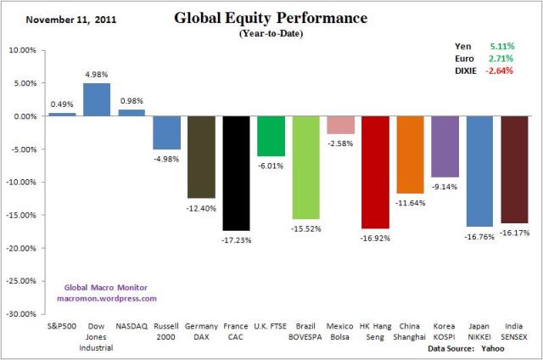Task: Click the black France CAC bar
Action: click(236, 173)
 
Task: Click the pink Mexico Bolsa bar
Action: click(340, 125)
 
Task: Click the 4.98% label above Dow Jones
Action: click(97, 74)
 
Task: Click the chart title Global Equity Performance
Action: click(271, 17)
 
